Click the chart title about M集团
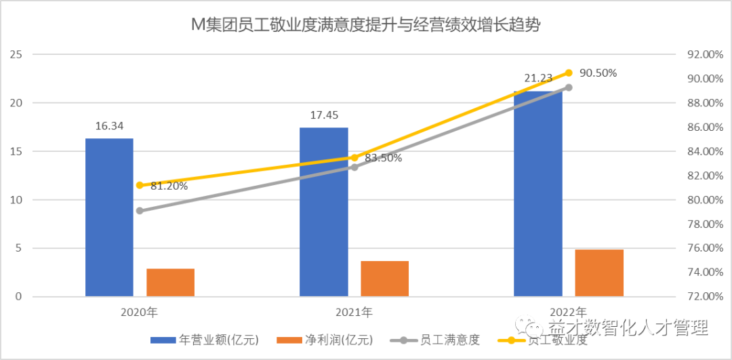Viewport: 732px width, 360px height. pos(366,25)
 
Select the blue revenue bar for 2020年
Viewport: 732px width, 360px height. pos(109,217)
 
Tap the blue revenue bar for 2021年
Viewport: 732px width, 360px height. pos(323,212)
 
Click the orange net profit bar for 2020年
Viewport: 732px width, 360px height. pos(170,282)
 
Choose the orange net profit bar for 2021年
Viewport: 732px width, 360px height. pos(384,279)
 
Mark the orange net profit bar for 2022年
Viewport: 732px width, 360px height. pos(599,273)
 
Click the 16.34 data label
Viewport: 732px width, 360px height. pos(109,126)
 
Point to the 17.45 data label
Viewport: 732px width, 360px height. pos(324,115)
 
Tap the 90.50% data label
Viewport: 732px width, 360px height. pos(597,73)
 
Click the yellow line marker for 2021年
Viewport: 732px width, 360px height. pos(354,158)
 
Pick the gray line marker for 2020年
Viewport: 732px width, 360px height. pos(140,211)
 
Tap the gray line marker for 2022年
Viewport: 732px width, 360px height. pos(569,87)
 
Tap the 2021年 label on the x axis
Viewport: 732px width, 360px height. pos(354,313)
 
